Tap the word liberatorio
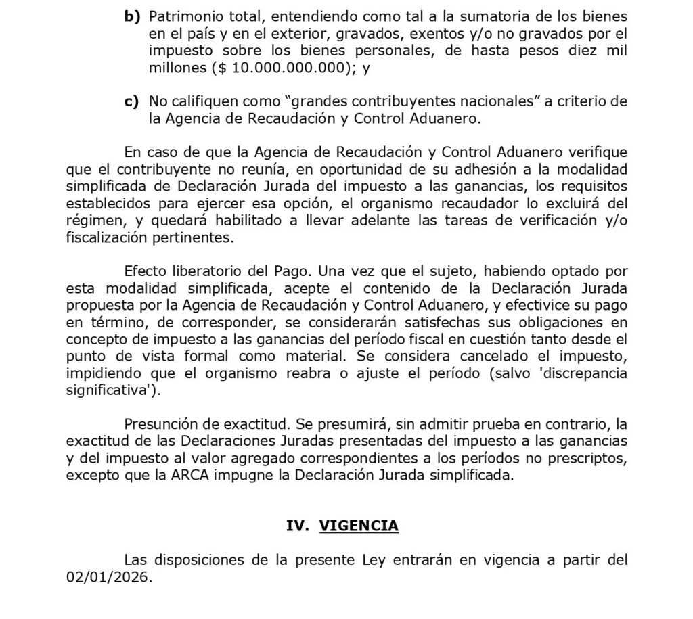click(197, 272)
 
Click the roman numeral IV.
click(297, 526)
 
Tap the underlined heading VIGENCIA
click(359, 526)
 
